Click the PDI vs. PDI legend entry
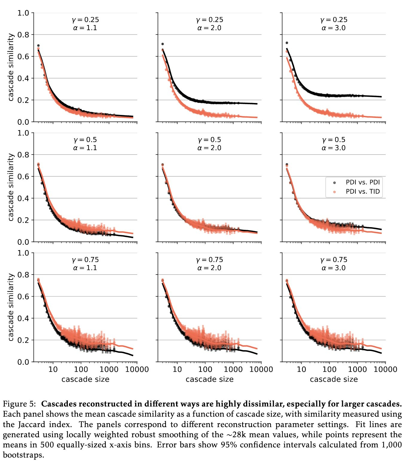pos(362,182)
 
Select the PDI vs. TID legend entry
pos(362,192)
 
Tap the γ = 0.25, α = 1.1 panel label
pos(85,24)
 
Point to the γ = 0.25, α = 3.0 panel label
pos(334,24)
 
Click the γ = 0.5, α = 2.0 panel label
pos(209,144)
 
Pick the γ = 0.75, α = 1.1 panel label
pos(85,264)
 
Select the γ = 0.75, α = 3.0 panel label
pos(334,264)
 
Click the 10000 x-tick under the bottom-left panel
pos(137,369)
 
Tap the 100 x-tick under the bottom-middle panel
pos(205,369)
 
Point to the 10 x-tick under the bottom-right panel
pos(301,369)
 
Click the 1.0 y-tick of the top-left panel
pos(23,13)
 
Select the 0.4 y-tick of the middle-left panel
pos(23,198)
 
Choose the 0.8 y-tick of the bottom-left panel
pos(23,275)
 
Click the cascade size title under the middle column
pos(209,379)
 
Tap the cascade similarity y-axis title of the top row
pos(11,67)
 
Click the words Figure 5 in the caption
pos(19,404)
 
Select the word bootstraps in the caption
pos(23,455)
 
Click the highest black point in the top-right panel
pos(287,43)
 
